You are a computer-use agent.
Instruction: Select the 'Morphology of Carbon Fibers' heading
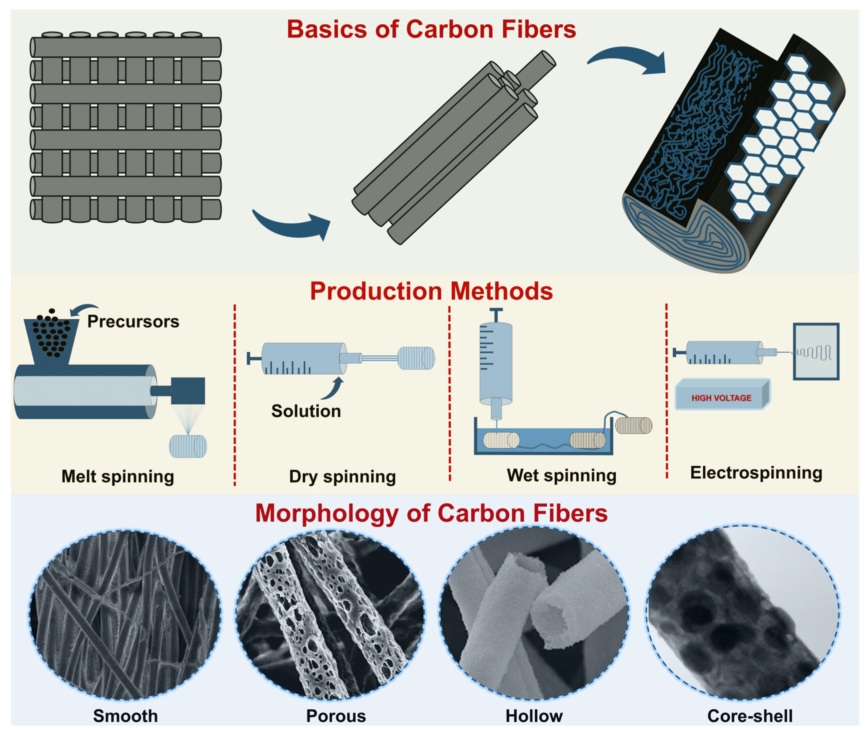[x=431, y=514]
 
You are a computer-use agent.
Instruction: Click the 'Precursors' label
[x=133, y=322]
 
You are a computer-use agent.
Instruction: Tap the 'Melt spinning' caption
[x=118, y=476]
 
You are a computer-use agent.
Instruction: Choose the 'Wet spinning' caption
[x=561, y=475]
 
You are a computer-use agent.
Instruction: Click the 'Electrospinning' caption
[x=756, y=473]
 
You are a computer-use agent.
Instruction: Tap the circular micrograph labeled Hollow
[x=534, y=613]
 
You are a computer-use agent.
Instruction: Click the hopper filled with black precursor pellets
[x=51, y=339]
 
